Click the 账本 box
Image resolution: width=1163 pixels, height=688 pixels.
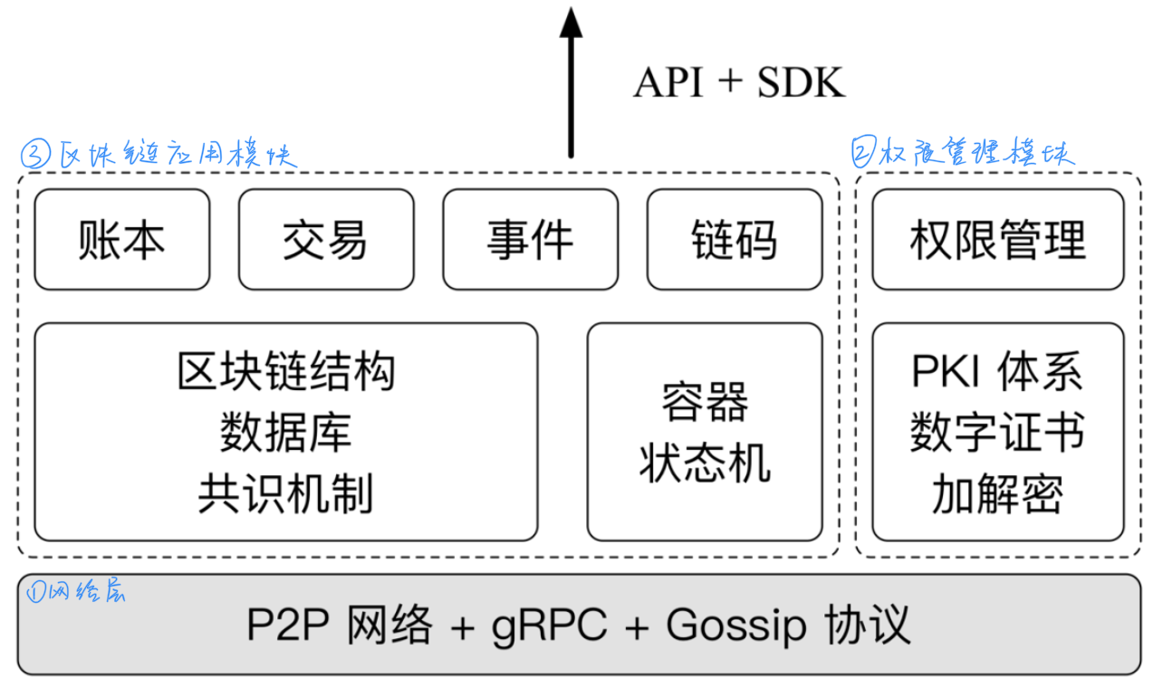[121, 240]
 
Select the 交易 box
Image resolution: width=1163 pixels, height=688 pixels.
[326, 240]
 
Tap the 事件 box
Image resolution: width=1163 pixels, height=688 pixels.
[530, 240]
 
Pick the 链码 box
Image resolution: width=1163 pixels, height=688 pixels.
[734, 240]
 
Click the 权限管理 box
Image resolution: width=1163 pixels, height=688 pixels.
[997, 240]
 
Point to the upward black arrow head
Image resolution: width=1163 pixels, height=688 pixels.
[571, 24]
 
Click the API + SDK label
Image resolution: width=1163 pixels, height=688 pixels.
[738, 83]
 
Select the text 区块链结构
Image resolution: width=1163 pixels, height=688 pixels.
[286, 372]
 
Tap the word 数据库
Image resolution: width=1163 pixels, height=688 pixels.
[286, 433]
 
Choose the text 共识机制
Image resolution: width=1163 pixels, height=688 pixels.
[286, 494]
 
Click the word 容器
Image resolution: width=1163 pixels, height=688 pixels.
[705, 402]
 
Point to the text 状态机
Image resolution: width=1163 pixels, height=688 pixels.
[705, 463]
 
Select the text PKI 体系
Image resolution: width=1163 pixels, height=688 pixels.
[997, 372]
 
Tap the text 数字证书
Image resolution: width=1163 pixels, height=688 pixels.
[997, 433]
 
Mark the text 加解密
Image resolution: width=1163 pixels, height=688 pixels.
[997, 494]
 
